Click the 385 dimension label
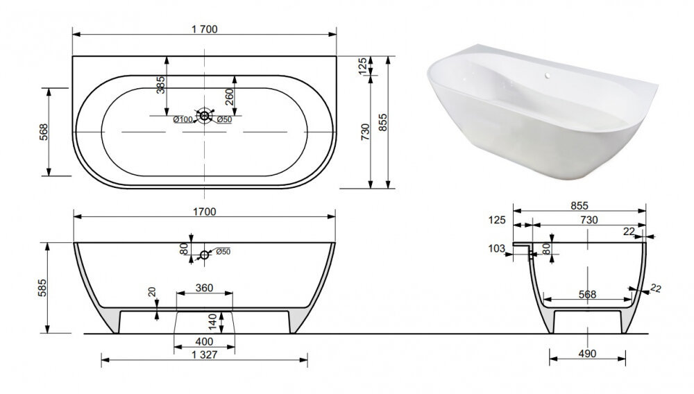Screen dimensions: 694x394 click(161, 85)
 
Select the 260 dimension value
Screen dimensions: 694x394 click(229, 97)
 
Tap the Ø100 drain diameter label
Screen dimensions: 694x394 click(183, 119)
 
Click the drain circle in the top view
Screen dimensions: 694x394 click(205, 116)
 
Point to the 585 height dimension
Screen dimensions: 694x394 click(42, 288)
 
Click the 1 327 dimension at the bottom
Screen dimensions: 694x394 click(205, 354)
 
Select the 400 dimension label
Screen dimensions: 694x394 click(204, 342)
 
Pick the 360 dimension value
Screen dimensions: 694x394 click(205, 289)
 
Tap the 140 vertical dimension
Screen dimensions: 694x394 click(213, 322)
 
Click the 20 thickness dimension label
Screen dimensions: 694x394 click(152, 291)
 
